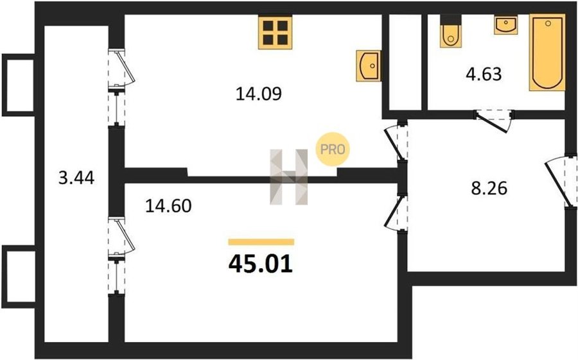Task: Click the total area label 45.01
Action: click(261, 264)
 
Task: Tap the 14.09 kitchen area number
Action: click(258, 94)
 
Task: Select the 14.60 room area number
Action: click(168, 205)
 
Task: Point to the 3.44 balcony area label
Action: click(76, 178)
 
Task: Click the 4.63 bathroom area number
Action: click(484, 74)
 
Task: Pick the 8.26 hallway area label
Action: click(489, 188)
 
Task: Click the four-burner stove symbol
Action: click(276, 33)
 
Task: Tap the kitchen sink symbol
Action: click(368, 66)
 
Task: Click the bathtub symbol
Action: click(547, 53)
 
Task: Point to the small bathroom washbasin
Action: click(506, 24)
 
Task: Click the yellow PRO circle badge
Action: click(333, 150)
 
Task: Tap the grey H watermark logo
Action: click(288, 177)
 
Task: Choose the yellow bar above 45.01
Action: click(261, 242)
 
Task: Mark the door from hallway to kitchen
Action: click(396, 142)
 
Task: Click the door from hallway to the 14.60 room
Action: click(396, 212)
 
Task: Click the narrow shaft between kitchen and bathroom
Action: click(405, 62)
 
